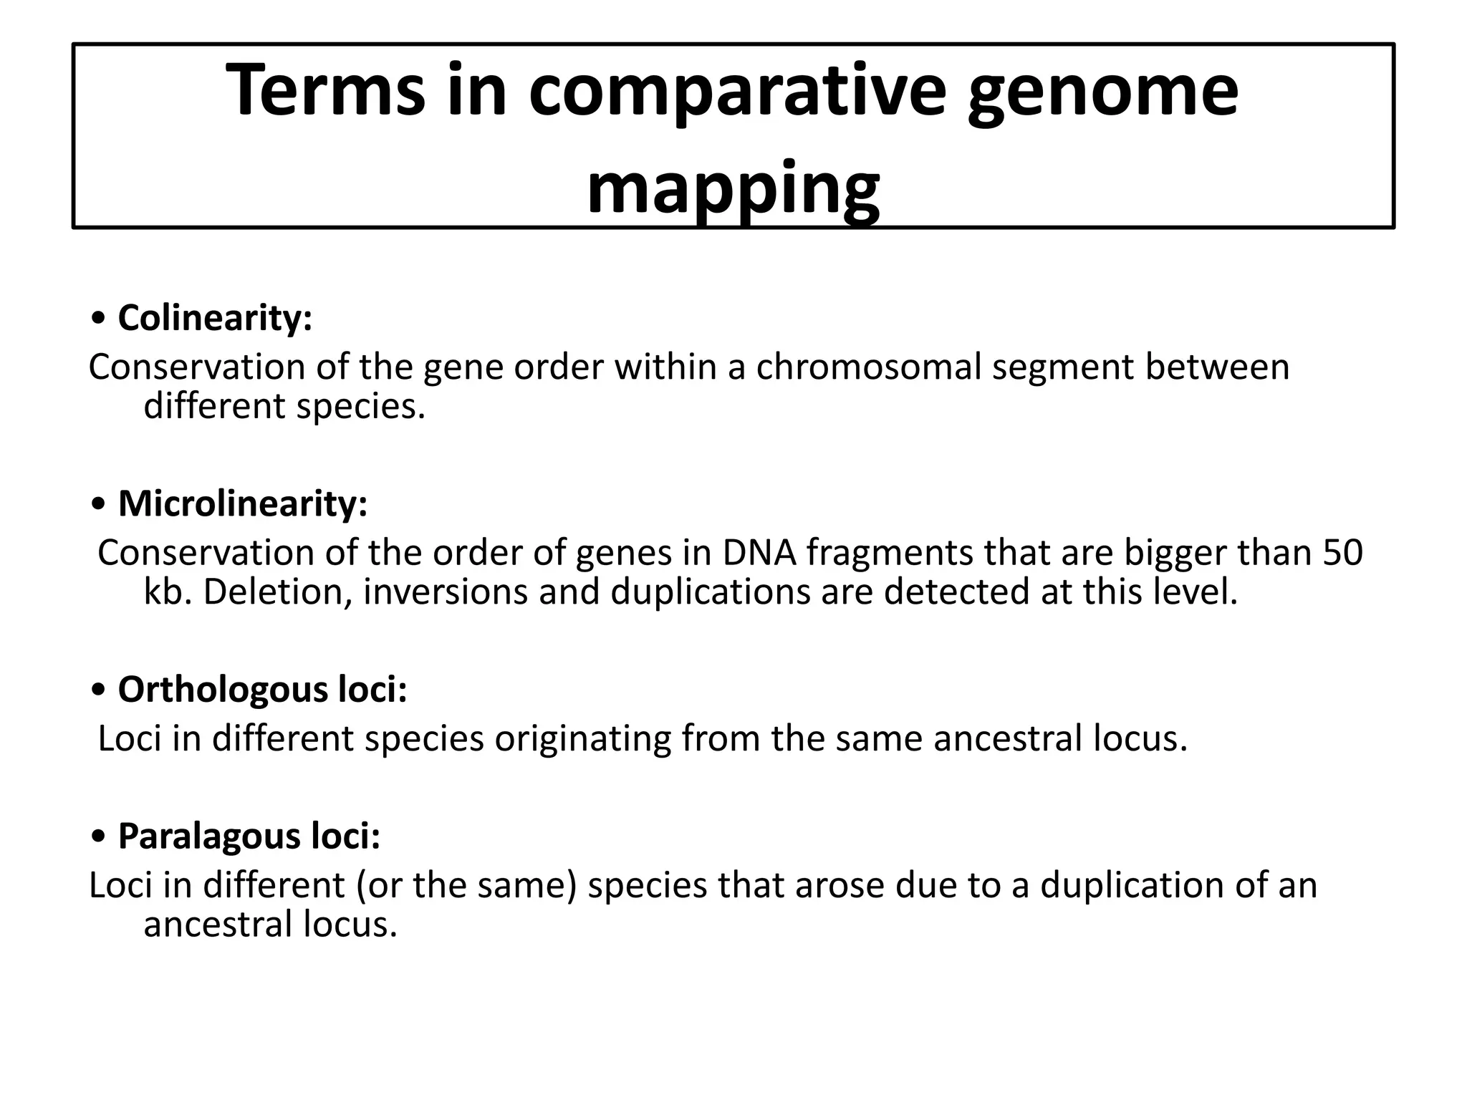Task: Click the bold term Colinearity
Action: [x=214, y=317]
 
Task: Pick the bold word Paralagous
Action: [x=208, y=835]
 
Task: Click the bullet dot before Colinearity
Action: [x=100, y=319]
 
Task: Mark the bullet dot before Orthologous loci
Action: [x=100, y=690]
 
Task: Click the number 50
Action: [x=1342, y=553]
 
